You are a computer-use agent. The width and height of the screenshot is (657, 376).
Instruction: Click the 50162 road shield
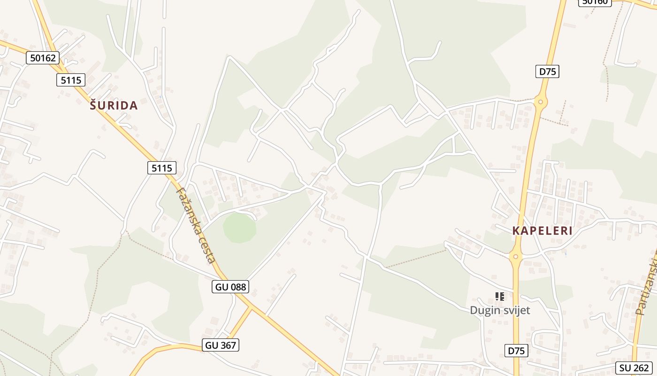pos(43,58)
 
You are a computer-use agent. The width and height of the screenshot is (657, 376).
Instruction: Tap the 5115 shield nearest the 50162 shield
pos(71,80)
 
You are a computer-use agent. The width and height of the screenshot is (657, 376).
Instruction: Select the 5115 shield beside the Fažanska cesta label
pos(162,168)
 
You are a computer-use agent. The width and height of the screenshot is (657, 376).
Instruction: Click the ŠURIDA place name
pos(114,106)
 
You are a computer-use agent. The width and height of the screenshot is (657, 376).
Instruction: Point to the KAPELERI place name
pos(542,231)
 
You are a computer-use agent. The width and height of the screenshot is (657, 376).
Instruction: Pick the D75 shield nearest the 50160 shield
pos(547,71)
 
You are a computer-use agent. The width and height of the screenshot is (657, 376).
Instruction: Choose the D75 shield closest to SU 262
pos(517,351)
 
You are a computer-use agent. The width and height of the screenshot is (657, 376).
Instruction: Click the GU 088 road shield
pos(230,287)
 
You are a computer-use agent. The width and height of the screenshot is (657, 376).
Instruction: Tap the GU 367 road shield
pos(221,345)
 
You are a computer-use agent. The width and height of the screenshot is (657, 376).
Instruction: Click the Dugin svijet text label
pos(500,310)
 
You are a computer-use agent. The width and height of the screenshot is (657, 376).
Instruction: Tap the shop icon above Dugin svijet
pos(500,296)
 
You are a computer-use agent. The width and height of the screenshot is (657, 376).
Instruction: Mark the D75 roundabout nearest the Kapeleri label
pos(515,257)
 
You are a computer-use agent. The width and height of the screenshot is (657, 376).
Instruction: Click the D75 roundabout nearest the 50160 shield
pos(541,102)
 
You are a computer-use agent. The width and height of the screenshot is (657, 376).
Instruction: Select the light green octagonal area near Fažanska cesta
pos(239,227)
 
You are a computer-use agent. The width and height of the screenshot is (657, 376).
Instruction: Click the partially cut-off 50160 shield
pos(595,2)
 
